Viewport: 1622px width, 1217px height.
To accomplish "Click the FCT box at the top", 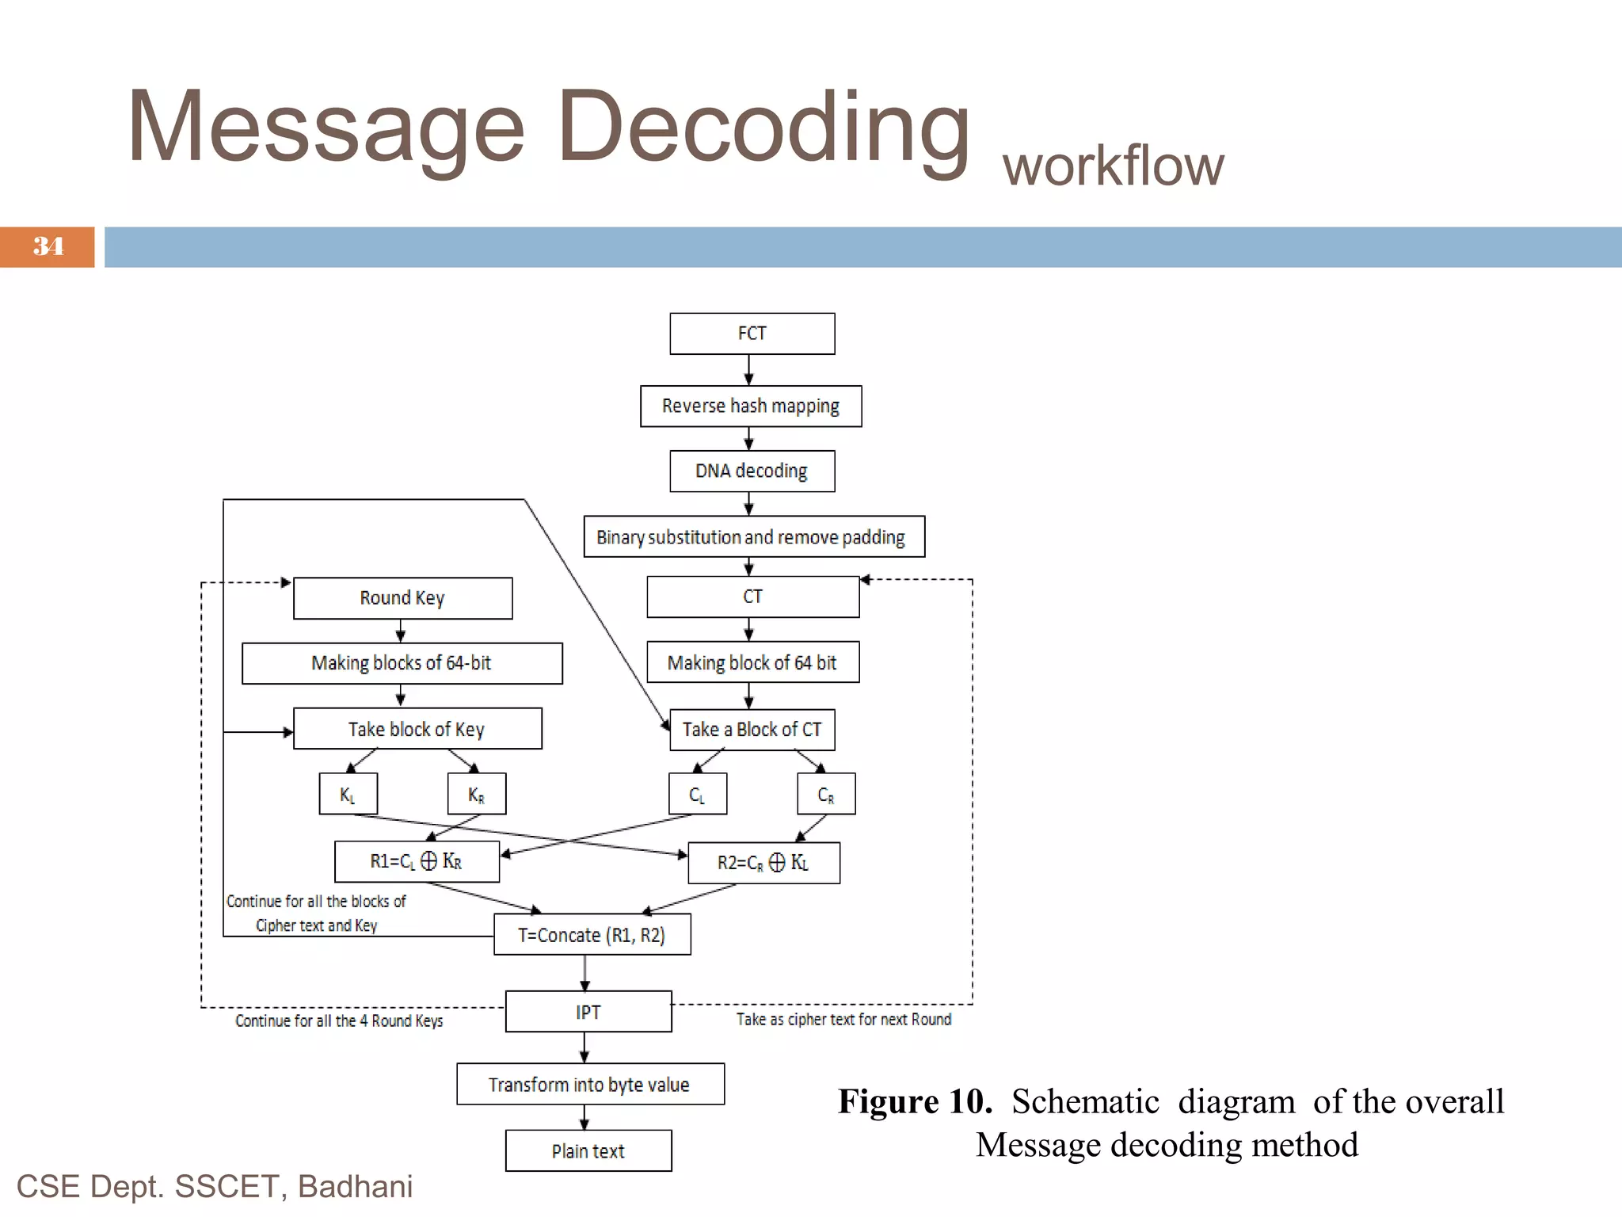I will tap(752, 334).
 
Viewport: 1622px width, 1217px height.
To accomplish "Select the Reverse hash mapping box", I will tap(750, 406).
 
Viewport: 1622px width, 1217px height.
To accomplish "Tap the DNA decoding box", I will tap(752, 471).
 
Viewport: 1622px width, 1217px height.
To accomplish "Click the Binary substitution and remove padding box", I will tap(753, 537).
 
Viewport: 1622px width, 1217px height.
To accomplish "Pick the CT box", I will tap(752, 597).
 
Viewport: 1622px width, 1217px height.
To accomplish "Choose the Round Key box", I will tap(402, 598).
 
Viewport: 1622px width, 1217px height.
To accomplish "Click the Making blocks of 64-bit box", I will tap(402, 663).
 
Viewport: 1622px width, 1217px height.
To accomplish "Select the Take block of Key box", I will tap(417, 729).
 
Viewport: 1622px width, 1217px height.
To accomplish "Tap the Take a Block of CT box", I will tap(752, 730).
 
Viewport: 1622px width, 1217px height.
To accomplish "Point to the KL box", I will tap(348, 794).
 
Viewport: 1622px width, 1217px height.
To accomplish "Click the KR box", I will tap(476, 794).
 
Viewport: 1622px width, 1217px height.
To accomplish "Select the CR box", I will tap(825, 794).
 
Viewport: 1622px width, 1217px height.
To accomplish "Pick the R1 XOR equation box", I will tap(417, 861).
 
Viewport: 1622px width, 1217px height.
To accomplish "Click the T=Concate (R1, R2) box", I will tap(592, 935).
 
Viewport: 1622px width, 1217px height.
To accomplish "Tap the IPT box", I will tap(588, 1012).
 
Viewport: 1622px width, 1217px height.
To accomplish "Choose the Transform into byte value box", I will tap(589, 1085).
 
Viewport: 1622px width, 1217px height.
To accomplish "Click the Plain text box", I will tap(588, 1151).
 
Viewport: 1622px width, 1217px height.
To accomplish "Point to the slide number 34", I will tap(48, 246).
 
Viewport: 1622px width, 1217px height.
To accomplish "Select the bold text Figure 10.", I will tap(915, 1102).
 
